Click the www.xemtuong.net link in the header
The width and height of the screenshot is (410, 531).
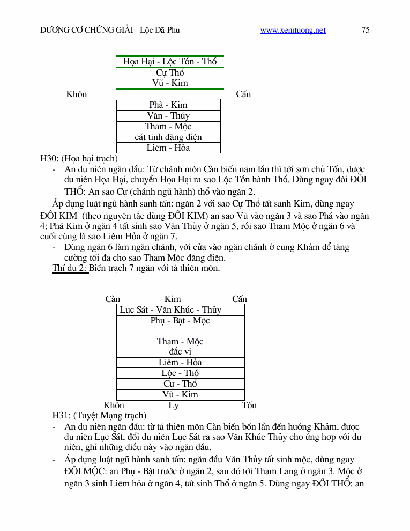(x=293, y=31)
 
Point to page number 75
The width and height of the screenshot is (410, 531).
(x=366, y=31)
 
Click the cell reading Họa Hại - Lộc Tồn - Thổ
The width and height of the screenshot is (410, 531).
(x=170, y=62)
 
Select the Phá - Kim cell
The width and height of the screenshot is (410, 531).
(x=168, y=105)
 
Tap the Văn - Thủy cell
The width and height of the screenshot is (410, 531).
(x=168, y=116)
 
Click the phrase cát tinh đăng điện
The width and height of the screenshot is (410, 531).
(x=168, y=137)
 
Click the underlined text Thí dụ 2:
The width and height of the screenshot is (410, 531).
(x=70, y=268)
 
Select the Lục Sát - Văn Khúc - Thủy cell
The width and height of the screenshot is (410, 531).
(x=170, y=310)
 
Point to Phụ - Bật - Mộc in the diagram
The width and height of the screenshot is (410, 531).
(x=180, y=321)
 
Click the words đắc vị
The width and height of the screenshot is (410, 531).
(x=180, y=352)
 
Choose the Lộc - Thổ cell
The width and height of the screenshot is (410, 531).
(x=180, y=373)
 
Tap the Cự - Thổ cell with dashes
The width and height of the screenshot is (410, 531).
(x=180, y=384)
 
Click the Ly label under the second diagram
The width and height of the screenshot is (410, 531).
(x=174, y=405)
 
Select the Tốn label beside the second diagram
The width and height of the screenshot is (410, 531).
(x=249, y=405)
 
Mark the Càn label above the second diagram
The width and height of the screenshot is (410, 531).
(x=113, y=299)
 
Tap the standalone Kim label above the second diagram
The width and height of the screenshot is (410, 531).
(x=173, y=299)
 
